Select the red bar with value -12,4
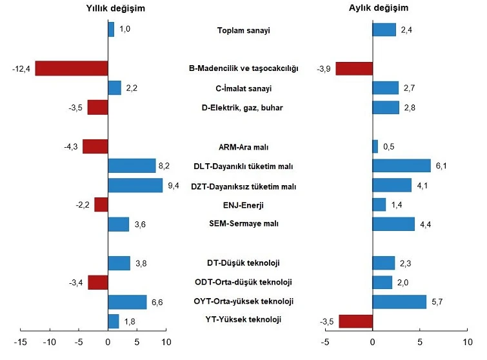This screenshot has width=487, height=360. (71, 68)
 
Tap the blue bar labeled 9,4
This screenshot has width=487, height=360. (135, 186)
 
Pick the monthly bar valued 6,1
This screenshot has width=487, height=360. (401, 166)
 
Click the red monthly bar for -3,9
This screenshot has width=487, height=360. (354, 68)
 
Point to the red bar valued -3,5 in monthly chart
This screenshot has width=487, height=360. (355, 321)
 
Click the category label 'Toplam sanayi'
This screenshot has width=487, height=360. (244, 30)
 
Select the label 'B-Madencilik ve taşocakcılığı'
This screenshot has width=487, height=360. (243, 68)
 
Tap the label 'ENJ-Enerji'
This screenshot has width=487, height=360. (243, 205)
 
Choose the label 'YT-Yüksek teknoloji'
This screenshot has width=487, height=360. (243, 319)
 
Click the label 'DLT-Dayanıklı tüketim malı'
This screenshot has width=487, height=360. (243, 166)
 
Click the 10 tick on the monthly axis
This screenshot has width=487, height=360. (466, 341)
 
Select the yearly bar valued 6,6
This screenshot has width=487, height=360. (127, 301)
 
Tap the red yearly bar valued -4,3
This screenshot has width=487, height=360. (95, 146)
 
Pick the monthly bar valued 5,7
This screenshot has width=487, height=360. (399, 301)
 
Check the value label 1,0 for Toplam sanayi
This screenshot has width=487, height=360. (124, 29)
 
